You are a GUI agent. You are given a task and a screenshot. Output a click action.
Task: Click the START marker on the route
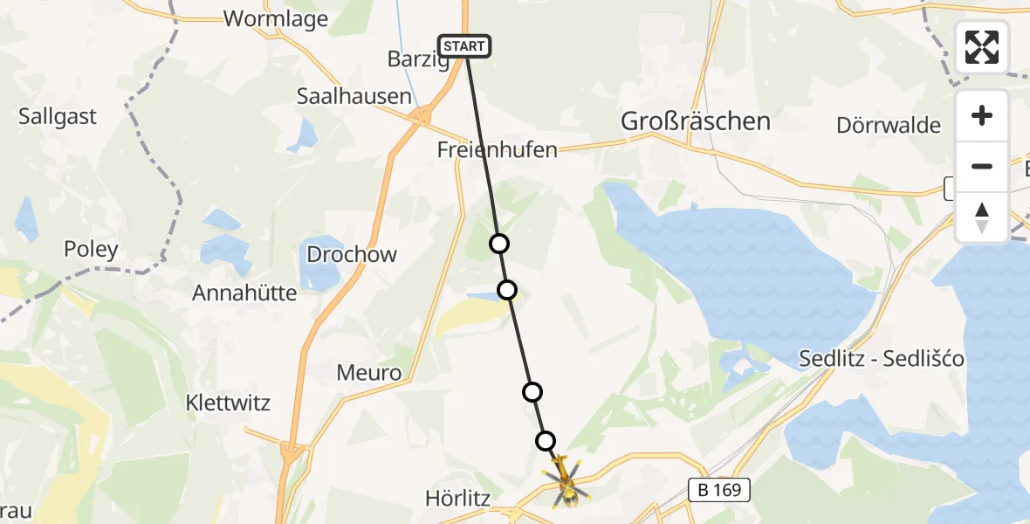pos(464,46)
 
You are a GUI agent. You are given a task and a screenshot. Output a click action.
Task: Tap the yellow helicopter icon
pos(566,480)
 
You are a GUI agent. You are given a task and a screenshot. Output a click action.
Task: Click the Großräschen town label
pos(695,121)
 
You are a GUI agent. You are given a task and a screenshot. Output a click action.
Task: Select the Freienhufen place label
pos(498,150)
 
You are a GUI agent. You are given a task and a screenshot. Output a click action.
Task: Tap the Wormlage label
pos(276,19)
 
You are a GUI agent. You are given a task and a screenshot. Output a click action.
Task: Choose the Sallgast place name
pos(58,117)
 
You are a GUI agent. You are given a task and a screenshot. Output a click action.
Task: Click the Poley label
pos(91,250)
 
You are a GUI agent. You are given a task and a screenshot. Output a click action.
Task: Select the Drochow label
pos(352,255)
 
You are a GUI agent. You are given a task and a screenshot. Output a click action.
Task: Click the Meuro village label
pos(369,374)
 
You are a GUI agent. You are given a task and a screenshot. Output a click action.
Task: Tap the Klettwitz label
pos(229,403)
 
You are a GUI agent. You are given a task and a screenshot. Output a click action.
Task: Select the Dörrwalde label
pos(889,125)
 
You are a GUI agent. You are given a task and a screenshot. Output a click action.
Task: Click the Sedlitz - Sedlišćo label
pos(882,359)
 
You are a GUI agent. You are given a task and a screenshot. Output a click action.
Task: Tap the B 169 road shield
pos(720,490)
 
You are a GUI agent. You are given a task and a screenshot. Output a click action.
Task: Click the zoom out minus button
pos(982,166)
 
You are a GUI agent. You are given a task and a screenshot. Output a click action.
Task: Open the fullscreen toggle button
pos(982,46)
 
